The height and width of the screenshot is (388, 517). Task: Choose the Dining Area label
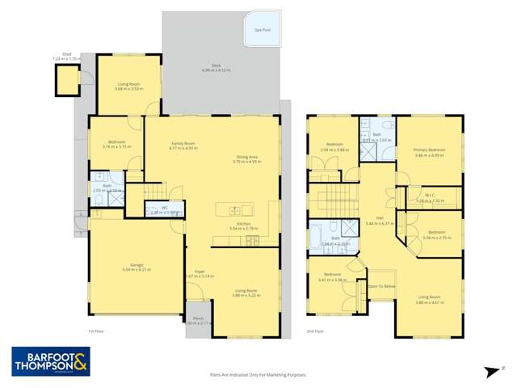[247, 158]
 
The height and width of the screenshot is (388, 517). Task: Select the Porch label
[198, 319]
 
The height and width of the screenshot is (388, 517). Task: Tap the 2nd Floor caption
[316, 331]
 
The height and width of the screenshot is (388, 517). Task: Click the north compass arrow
[490, 372]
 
